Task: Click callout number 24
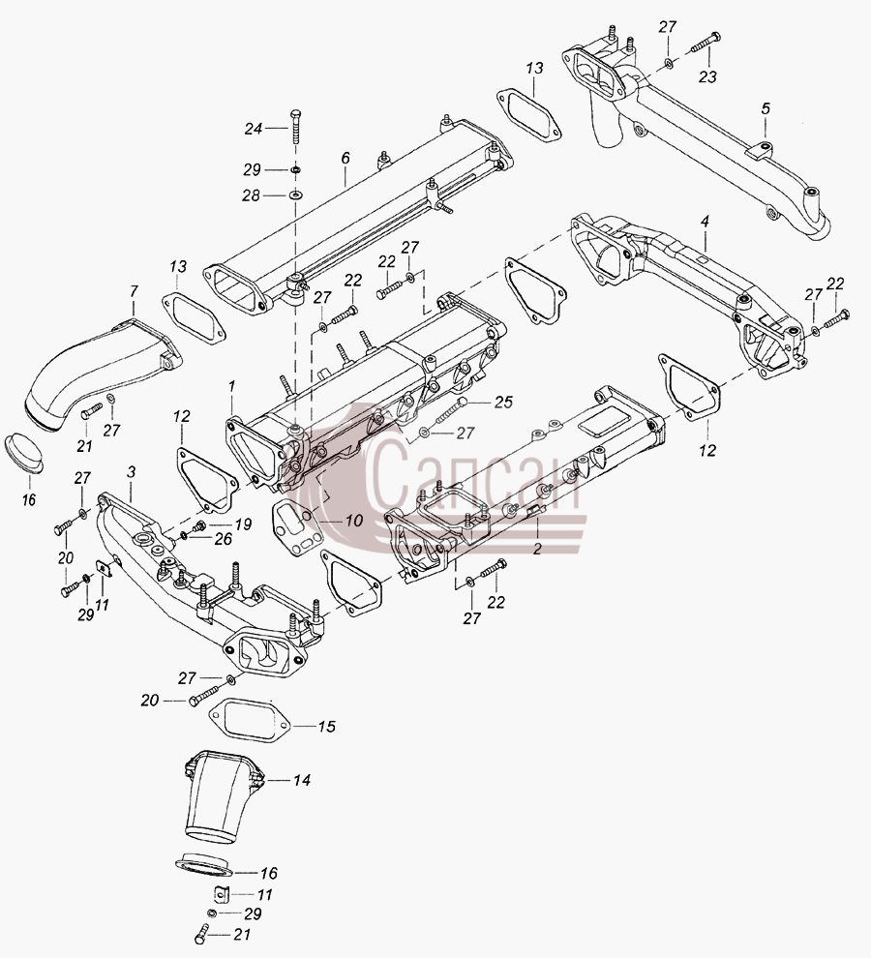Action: click(253, 129)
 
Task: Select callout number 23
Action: click(707, 77)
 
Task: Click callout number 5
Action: click(766, 108)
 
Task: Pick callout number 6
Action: click(345, 159)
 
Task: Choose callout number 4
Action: click(705, 222)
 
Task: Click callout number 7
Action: click(134, 291)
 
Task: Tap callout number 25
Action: click(503, 402)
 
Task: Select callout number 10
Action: click(354, 521)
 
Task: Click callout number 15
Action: click(326, 727)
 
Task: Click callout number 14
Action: click(301, 780)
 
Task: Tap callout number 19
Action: click(243, 524)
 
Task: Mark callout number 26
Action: click(224, 538)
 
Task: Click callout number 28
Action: click(252, 195)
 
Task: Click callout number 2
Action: click(537, 548)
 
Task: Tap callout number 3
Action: click(131, 472)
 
